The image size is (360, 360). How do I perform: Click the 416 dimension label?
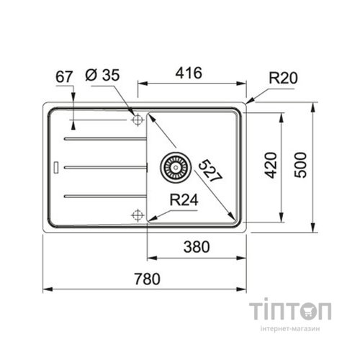pyautogui.click(x=188, y=73)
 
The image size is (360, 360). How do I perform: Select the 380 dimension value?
pyautogui.click(x=194, y=247)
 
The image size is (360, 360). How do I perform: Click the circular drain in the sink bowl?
pyautogui.click(x=174, y=167)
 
